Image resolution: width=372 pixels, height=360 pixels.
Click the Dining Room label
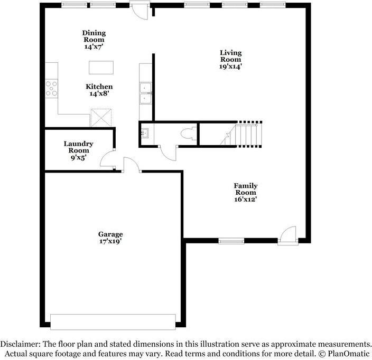pos(94,36)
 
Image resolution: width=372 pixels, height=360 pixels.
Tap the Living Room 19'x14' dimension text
pos(230,67)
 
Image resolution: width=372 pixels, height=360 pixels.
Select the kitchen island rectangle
pos(101,68)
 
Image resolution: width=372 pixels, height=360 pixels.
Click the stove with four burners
pos(51,88)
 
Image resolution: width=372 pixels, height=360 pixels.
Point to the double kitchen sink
pos(146,93)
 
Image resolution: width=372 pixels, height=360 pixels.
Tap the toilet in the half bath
pos(189,134)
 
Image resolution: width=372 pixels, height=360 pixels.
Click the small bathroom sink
pos(144,133)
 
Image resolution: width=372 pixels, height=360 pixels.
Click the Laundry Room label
pos(79,147)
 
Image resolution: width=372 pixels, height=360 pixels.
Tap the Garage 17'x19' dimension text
pos(110,241)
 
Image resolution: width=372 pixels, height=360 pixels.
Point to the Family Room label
pos(246,189)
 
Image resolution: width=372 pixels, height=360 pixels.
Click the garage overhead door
pos(113,322)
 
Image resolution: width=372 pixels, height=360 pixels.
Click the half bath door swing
pos(168,154)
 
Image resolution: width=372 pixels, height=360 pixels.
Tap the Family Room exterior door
pos(288,235)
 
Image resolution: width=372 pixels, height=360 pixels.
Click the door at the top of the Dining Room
pos(140,10)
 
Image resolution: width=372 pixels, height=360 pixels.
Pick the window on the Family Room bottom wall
pos(231,241)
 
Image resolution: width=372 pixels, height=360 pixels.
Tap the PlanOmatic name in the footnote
pos(349,354)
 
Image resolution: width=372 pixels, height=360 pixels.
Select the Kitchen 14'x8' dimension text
pos(99,93)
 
